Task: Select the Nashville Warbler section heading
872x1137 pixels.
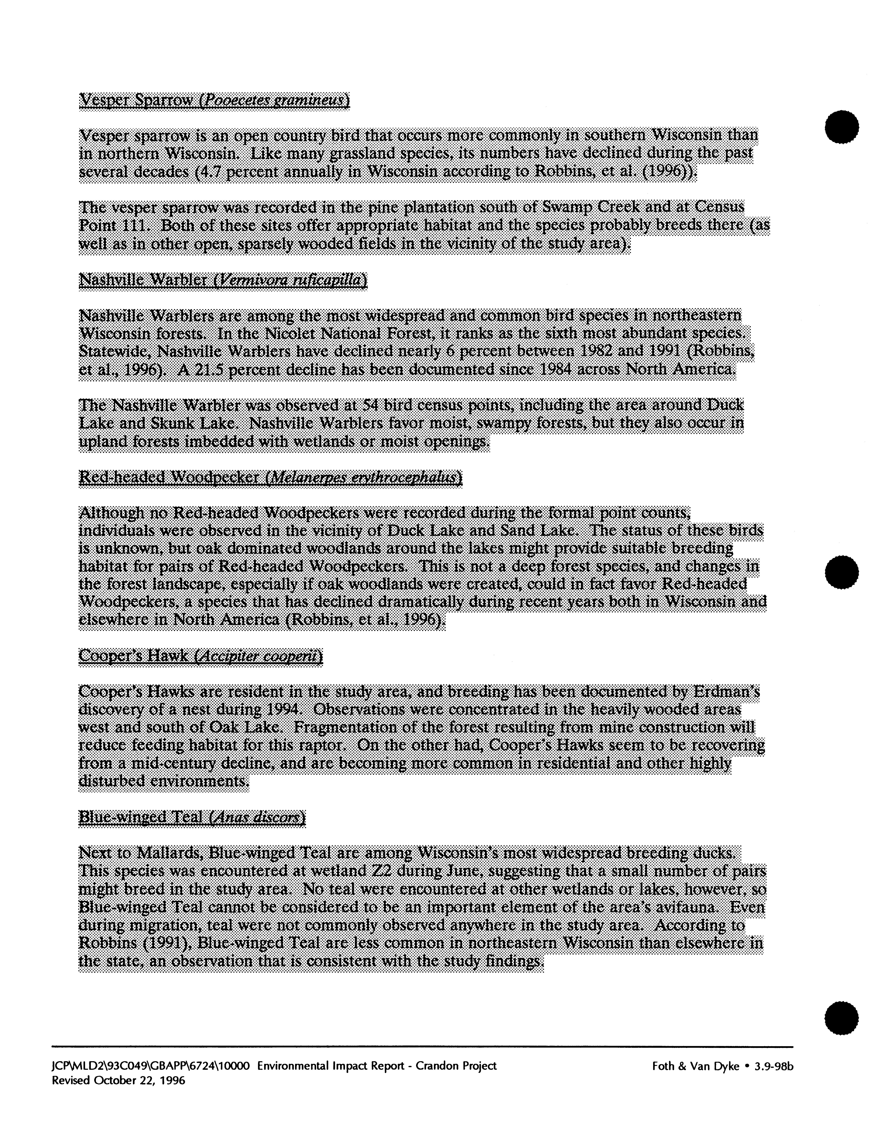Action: [223, 281]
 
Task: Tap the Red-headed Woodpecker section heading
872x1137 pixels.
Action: [270, 478]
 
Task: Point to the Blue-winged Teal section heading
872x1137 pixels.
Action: [191, 817]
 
